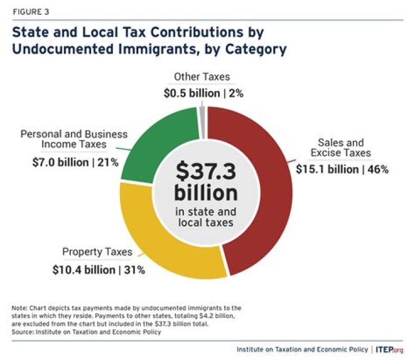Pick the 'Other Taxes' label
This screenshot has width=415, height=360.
pyautogui.click(x=203, y=76)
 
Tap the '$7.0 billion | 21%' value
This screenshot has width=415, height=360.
pyautogui.click(x=75, y=162)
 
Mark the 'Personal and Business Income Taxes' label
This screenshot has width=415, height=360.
pyautogui.click(x=74, y=140)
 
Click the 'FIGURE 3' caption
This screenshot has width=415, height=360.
pyautogui.click(x=30, y=10)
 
